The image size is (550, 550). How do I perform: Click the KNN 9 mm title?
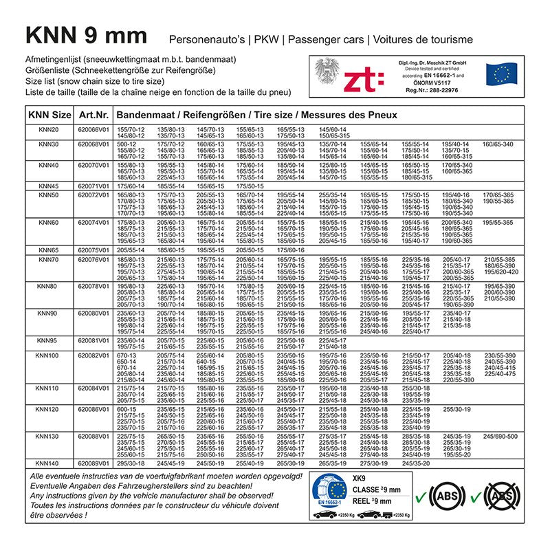click(x=86, y=36)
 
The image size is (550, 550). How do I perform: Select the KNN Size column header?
click(x=48, y=114)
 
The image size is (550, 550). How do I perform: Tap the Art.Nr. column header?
click(x=92, y=114)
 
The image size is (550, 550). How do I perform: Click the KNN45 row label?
click(x=48, y=186)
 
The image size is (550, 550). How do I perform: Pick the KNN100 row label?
click(x=48, y=355)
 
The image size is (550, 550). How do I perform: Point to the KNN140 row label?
click(x=48, y=463)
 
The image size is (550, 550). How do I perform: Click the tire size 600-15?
click(x=126, y=409)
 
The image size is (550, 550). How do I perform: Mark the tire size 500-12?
click(x=126, y=144)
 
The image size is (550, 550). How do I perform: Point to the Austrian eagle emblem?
click(x=326, y=73)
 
